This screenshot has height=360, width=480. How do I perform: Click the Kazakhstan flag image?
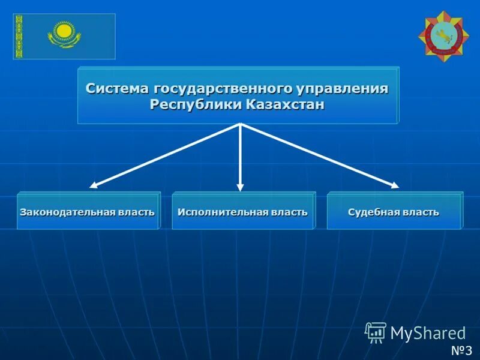(64, 36)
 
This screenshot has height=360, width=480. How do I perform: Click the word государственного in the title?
(223, 88)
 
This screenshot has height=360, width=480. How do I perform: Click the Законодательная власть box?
(88, 212)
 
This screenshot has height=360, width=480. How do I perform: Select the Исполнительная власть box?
(242, 212)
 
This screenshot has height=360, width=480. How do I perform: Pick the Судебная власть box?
(394, 212)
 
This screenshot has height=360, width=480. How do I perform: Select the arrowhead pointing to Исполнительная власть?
(240, 186)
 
